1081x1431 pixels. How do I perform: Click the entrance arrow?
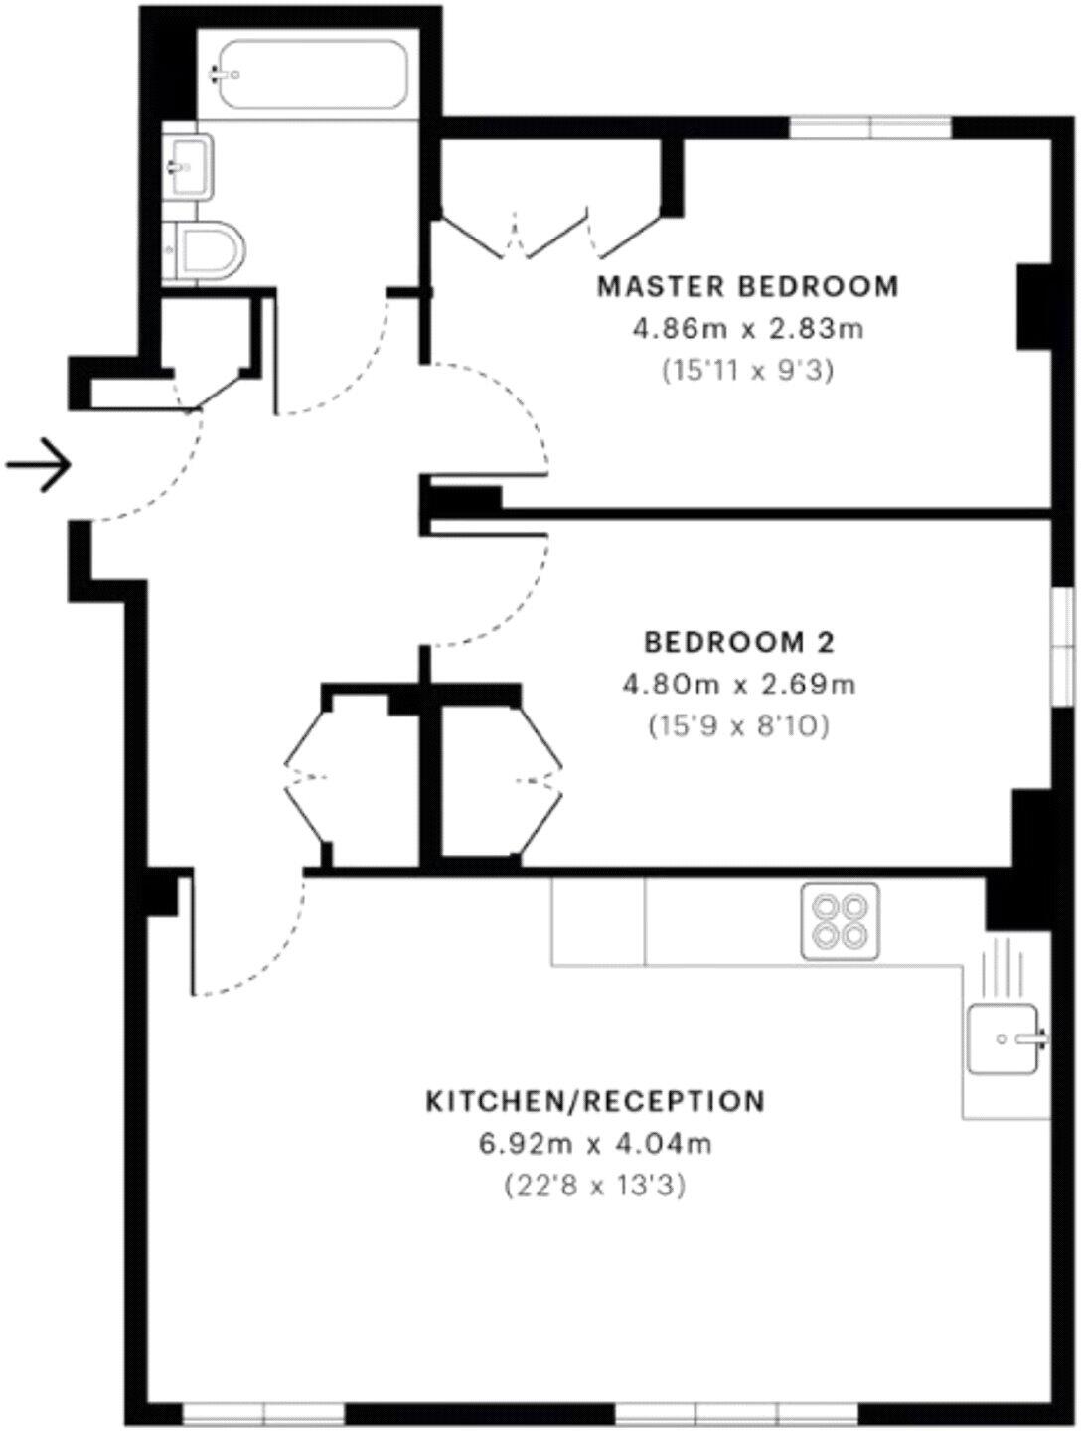40,464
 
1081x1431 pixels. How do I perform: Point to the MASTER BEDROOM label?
747,287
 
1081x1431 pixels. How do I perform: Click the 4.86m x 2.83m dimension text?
747,329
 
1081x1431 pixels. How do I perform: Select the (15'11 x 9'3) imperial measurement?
747,371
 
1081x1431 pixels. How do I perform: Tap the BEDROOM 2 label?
739,642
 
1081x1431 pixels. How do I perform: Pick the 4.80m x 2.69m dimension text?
739,685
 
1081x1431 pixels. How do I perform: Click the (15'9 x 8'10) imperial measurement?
739,726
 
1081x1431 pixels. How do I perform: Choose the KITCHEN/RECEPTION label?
595,1101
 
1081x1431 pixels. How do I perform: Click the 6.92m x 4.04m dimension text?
595,1144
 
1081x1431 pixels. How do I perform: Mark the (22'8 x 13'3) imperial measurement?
595,1186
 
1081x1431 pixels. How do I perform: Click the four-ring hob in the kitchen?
840,921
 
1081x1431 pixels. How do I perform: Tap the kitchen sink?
1004,1039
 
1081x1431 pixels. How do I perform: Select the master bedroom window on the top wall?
870,128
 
